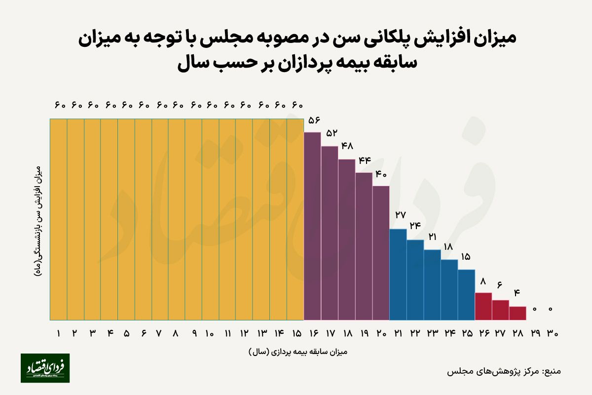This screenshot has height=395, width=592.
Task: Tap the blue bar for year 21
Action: click(398, 275)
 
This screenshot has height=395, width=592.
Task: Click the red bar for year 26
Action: click(483, 307)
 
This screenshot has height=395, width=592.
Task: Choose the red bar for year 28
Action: click(518, 314)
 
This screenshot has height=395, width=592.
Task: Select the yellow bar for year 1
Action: click(59, 220)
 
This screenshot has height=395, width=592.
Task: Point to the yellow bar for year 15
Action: click(295, 220)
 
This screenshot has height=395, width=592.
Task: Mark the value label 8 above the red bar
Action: click(483, 281)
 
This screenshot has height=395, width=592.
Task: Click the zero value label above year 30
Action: click(551, 309)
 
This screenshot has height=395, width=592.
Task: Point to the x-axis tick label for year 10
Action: click(210, 333)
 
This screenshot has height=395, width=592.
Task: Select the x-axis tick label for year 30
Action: click(552, 334)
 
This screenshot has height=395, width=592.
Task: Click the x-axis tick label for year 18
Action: click(347, 334)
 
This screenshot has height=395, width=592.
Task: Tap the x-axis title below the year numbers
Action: click(298, 352)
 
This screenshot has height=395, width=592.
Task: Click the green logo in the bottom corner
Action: click(45, 368)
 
